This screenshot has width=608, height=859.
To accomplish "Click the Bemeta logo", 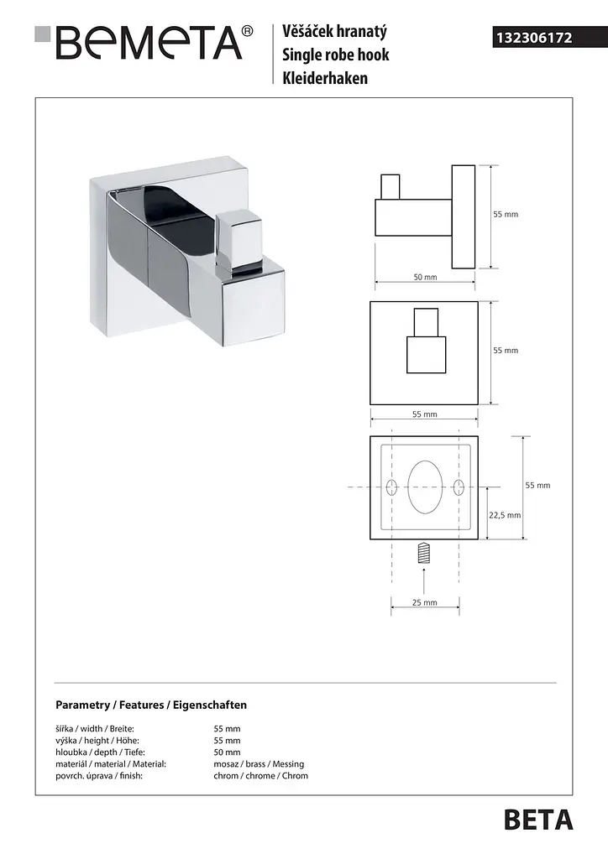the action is click(x=144, y=42).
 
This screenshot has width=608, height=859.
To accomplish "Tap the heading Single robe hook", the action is click(x=336, y=55).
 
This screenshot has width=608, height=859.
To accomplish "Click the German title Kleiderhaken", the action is click(x=325, y=78).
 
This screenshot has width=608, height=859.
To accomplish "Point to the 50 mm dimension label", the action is click(x=425, y=277).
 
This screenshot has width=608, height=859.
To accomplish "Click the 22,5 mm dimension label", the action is click(x=505, y=515).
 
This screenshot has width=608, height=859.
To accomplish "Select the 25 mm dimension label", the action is click(x=425, y=602).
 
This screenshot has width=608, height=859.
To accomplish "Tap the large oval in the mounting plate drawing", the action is click(x=425, y=487).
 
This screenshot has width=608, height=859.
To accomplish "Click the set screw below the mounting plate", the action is click(x=424, y=553).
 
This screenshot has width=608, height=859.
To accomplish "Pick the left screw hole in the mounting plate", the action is click(x=391, y=487).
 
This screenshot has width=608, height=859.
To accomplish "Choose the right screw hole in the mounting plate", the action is click(x=459, y=487).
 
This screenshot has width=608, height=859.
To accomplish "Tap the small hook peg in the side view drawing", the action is click(x=390, y=187).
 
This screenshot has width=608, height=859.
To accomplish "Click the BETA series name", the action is click(x=538, y=820).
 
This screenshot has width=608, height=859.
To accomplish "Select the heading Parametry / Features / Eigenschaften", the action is click(x=151, y=705).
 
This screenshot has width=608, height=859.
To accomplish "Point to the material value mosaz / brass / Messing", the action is click(x=259, y=763).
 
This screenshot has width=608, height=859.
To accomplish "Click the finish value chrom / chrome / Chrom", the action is click(x=261, y=776).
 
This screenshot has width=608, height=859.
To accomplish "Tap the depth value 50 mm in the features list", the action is click(x=227, y=752).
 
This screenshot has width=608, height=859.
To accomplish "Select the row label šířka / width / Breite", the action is click(x=95, y=729).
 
